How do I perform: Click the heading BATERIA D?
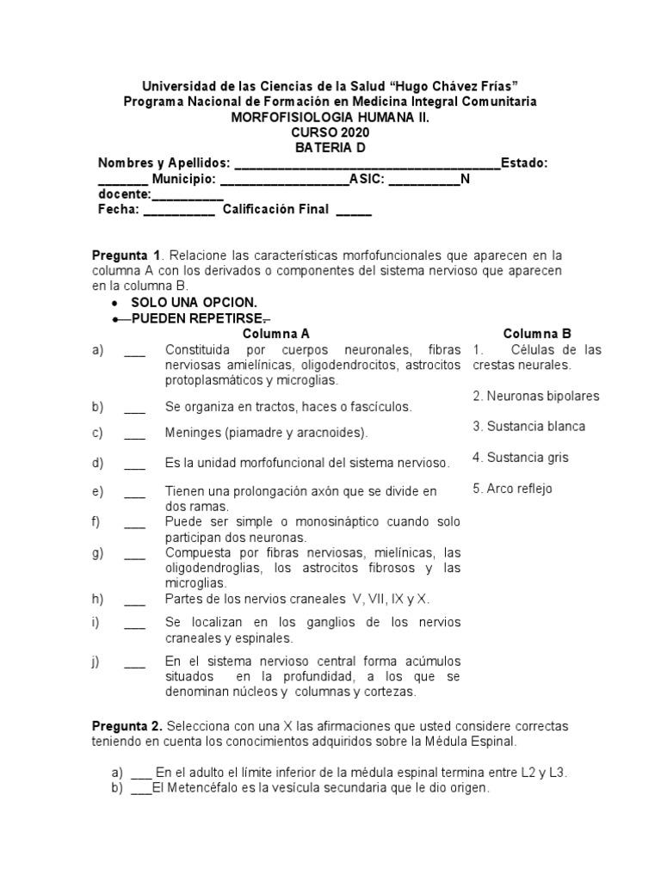(x=330, y=148)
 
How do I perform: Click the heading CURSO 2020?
(x=330, y=132)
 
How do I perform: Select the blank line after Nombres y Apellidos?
(x=367, y=164)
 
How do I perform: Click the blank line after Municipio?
(x=284, y=180)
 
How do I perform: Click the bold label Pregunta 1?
(x=127, y=256)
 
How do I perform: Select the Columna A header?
(x=276, y=334)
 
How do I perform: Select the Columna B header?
(x=537, y=334)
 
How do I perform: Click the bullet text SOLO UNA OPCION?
(x=194, y=303)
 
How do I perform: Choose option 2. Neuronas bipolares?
(x=536, y=396)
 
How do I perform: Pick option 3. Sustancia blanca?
(x=528, y=427)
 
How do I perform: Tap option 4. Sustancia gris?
(x=521, y=458)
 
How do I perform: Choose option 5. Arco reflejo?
(x=513, y=489)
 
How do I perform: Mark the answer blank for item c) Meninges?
(x=134, y=434)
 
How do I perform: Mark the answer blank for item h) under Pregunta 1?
(x=134, y=599)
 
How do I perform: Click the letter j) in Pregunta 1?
(x=97, y=661)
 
